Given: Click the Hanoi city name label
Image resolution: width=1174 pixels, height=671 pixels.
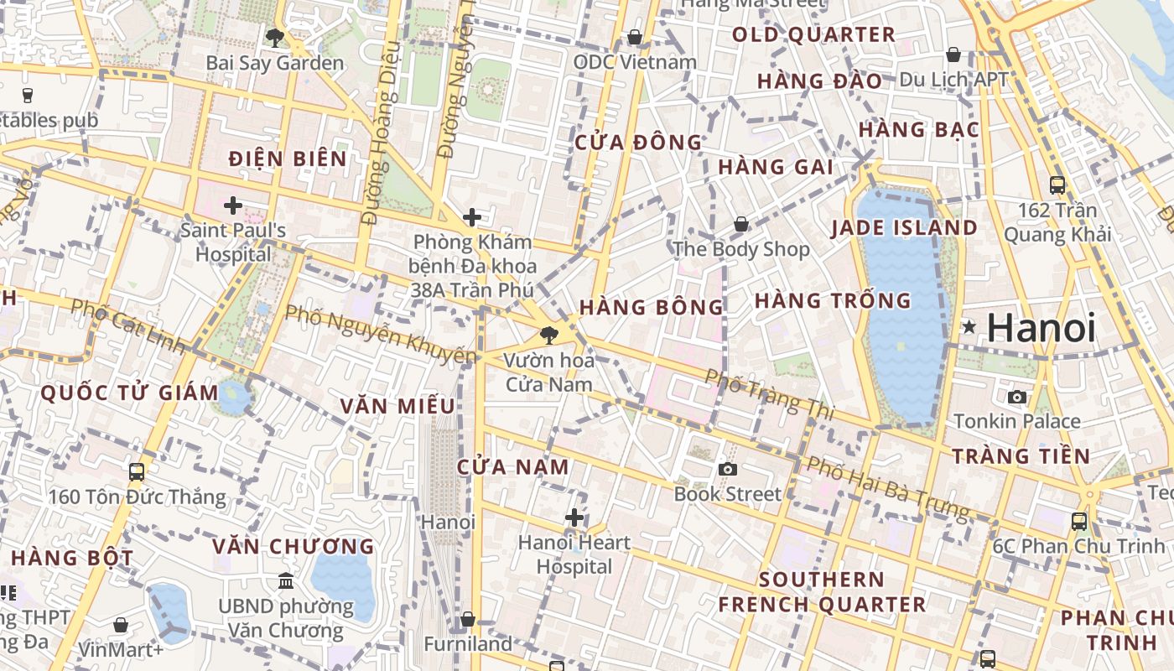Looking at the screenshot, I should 1041,327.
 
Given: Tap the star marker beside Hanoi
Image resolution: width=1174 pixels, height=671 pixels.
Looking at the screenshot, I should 969,327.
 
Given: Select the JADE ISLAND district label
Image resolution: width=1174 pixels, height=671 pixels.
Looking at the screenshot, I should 904,228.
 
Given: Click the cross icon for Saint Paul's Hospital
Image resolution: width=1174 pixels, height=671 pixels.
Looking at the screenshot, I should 233,205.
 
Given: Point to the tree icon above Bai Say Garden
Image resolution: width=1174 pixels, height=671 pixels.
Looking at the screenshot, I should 274,37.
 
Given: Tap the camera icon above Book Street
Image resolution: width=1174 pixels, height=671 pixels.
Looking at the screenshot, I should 727,469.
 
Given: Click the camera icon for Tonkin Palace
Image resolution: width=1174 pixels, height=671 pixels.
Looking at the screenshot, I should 1017,397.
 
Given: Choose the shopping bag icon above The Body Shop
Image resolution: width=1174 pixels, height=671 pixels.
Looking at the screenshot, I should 741,224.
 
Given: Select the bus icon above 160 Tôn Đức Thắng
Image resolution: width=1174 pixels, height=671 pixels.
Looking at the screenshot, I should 137,472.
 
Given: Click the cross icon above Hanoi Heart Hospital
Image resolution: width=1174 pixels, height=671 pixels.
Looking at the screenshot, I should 574,518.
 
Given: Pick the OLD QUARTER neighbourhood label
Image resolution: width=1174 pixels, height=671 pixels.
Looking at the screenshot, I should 813,35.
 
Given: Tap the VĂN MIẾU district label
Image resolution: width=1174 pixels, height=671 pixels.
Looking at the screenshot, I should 397,407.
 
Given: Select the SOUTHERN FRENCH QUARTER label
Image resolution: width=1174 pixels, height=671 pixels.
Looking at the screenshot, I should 822,592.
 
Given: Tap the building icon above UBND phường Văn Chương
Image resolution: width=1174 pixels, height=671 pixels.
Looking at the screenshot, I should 286,580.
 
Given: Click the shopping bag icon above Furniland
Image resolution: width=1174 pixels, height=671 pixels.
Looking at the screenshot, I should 468,619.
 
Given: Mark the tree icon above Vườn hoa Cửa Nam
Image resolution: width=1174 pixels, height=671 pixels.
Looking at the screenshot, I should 549,335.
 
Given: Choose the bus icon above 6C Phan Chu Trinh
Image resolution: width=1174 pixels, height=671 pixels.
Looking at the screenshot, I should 1079,521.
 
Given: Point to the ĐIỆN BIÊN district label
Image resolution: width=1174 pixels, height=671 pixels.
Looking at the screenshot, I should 288,159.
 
